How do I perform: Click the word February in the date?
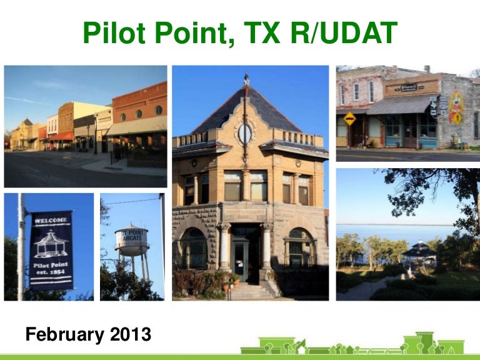64,334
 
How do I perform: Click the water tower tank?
131,240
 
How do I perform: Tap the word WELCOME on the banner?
52,221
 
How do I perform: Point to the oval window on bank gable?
245,133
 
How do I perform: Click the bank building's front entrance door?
241,259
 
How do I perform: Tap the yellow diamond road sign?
349,118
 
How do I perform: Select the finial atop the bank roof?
246,79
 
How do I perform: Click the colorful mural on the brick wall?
456,107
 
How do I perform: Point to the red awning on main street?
62,136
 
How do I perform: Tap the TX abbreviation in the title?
257,33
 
